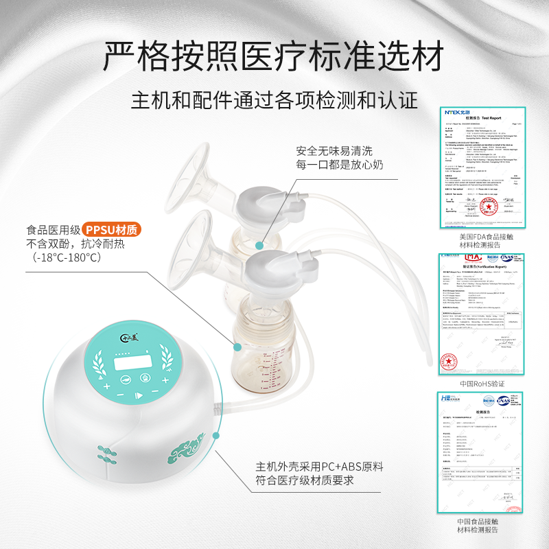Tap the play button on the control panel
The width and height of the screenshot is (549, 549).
[x=138, y=395]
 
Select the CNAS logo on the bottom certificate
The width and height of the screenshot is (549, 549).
[x=504, y=401]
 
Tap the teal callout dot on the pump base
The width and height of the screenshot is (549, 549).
[x=217, y=434]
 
